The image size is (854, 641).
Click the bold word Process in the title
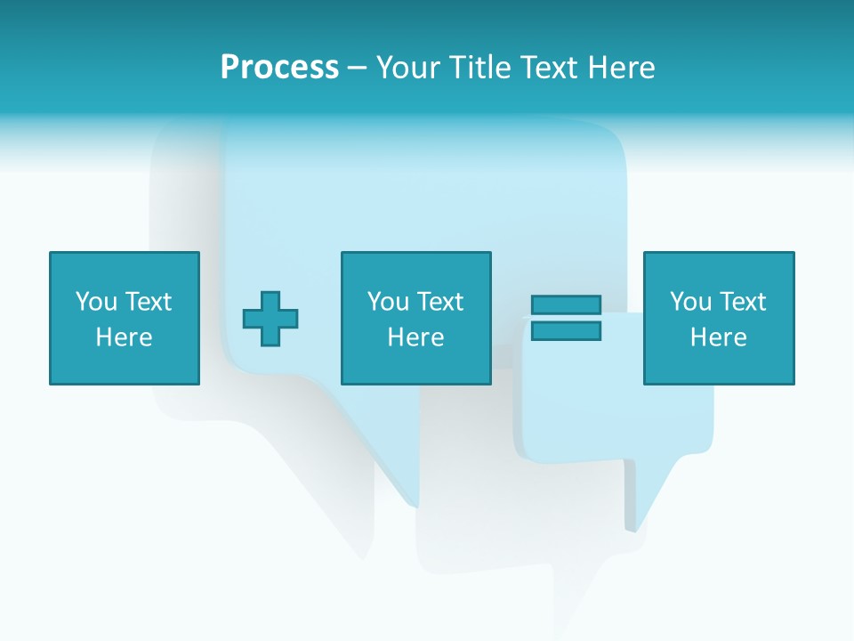(x=279, y=68)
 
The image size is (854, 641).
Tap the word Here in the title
(x=619, y=68)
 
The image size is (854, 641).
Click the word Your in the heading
(x=408, y=68)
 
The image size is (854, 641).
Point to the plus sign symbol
(x=270, y=318)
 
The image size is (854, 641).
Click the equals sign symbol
(x=566, y=318)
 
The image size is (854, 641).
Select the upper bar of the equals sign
(x=566, y=304)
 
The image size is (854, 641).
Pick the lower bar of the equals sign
(x=566, y=331)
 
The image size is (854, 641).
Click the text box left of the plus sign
(x=124, y=318)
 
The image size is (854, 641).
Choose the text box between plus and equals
(x=415, y=318)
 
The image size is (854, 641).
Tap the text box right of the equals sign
(x=718, y=318)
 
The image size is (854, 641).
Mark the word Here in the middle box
(x=415, y=337)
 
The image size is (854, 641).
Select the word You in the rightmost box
(x=690, y=302)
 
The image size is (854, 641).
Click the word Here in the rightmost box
(x=718, y=337)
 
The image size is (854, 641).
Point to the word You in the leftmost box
(x=96, y=302)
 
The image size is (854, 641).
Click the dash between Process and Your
(x=358, y=68)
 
